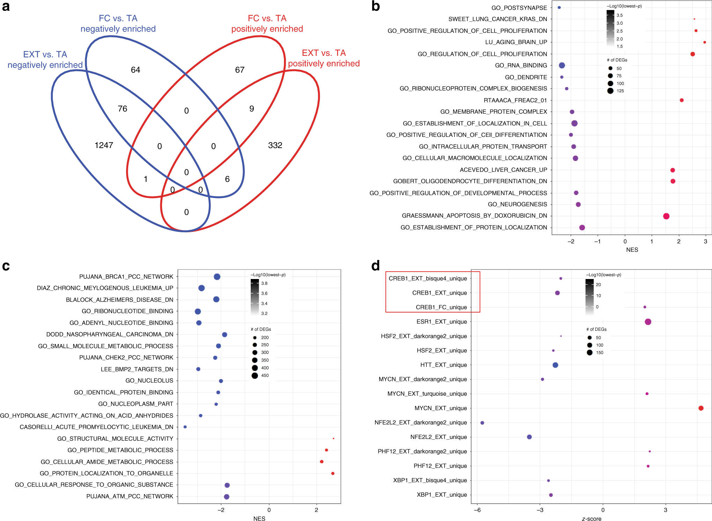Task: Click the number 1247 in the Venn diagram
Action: [104, 145]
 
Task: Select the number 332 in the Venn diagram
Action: [275, 145]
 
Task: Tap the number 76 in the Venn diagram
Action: [123, 109]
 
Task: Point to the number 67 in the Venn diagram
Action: [240, 70]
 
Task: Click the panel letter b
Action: [376, 6]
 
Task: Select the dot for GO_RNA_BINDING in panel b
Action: [562, 65]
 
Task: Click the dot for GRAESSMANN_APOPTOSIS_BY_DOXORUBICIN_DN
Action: [666, 216]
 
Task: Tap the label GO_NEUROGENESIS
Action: [517, 204]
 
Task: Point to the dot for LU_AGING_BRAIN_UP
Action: [705, 42]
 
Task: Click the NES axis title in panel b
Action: [632, 250]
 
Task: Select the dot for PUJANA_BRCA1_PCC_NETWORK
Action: [217, 277]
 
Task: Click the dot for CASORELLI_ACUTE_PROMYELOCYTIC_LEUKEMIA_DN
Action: [185, 427]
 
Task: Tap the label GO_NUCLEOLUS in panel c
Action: [149, 381]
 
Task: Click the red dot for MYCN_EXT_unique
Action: [701, 408]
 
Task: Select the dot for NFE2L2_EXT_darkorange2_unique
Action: [482, 423]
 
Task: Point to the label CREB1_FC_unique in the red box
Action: [441, 307]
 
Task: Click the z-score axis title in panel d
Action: [592, 519]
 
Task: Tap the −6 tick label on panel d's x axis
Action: [477, 510]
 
